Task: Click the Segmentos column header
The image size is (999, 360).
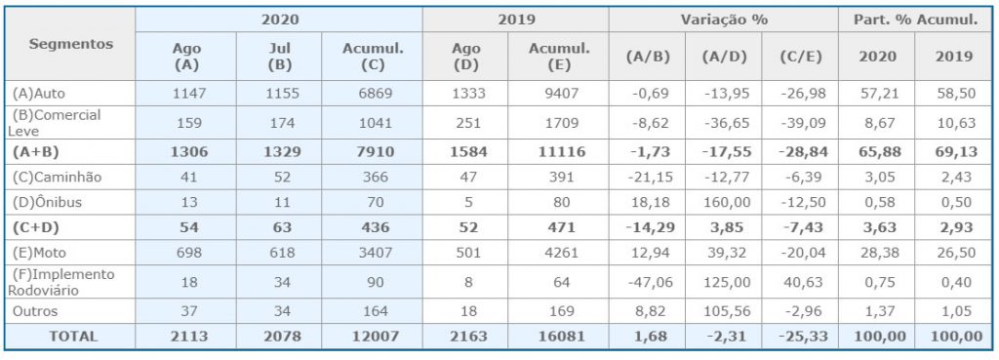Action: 70,44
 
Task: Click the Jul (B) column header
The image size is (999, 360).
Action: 278,56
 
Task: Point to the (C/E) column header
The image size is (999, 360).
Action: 800,56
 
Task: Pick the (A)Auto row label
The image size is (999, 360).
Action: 39,94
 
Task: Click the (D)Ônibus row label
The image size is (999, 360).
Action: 47,203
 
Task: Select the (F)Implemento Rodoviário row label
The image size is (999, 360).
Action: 61,282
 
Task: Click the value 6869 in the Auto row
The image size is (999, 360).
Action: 372,94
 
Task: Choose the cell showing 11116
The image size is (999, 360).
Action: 558,151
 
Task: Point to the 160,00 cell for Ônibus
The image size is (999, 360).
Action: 723,203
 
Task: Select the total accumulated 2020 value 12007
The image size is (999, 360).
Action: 372,337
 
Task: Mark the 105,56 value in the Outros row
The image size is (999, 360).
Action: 723,311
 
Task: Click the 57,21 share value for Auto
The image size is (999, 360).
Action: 876,94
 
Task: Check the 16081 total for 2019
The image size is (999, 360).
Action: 558,337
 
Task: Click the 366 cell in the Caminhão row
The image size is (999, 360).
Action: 372,178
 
